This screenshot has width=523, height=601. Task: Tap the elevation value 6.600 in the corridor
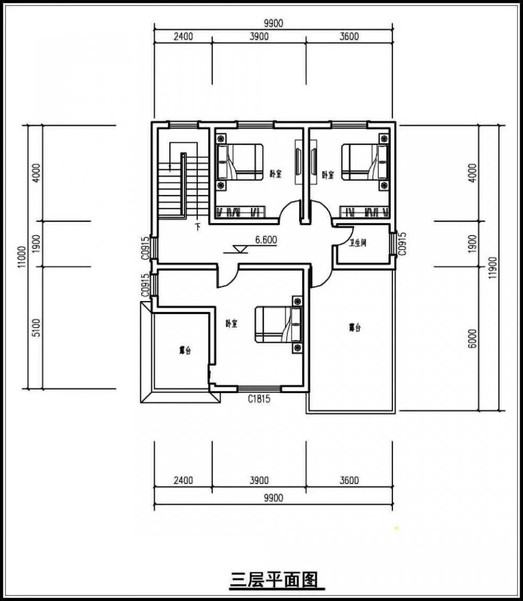point(267,240)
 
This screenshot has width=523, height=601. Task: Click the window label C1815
point(259,399)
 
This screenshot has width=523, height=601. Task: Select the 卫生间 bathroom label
point(357,243)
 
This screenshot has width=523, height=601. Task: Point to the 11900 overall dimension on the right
point(493,268)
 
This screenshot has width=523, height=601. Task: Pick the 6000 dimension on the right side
point(472,339)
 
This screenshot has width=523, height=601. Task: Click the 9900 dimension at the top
point(273,23)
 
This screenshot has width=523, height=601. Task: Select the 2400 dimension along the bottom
point(183,480)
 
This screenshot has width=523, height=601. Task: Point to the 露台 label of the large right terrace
point(355,328)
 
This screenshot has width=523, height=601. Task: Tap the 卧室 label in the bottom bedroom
point(232,323)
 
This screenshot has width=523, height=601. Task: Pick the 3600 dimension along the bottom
point(349,480)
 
